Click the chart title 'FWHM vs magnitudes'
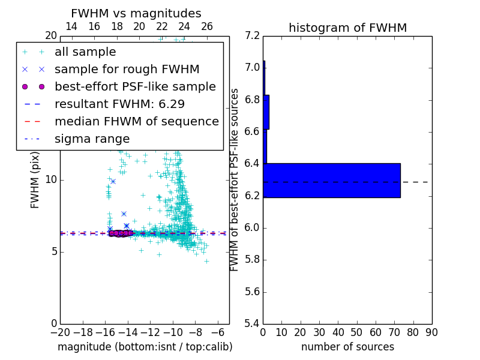pos(136,14)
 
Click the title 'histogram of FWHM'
pos(347,28)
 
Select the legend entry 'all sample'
pos(85,52)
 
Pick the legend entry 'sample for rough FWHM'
pos(127,70)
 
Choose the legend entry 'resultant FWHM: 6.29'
pos(119,104)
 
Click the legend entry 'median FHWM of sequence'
pos(136,122)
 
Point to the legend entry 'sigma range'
pos(92,139)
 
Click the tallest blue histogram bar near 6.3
pos(331,180)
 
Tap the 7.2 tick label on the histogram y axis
pos(252,35)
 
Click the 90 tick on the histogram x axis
pos(431,332)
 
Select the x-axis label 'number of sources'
pos(347,347)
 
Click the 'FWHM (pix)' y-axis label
pos(35,179)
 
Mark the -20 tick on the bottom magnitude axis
pos(60,332)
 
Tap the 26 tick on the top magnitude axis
pos(207,26)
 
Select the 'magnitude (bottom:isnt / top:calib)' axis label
pos(145,347)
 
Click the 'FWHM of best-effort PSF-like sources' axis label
pos(235,179)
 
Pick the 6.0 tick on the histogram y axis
pos(252,228)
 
